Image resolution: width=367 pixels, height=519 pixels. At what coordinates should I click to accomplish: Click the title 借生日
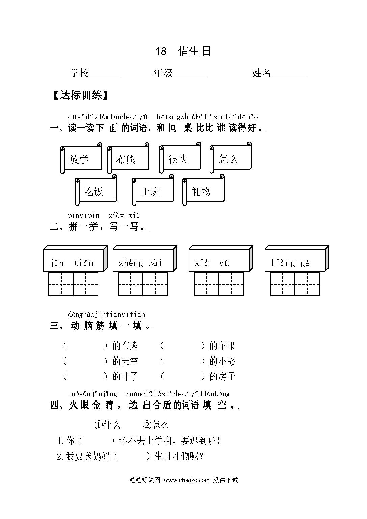pyautogui.click(x=194, y=51)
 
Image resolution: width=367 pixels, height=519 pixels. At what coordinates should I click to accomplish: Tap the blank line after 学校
pyautogui.click(x=104, y=78)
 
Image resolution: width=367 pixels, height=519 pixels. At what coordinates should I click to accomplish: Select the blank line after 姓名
pyautogui.click(x=289, y=78)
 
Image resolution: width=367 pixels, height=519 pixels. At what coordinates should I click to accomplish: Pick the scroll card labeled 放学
pyautogui.click(x=81, y=158)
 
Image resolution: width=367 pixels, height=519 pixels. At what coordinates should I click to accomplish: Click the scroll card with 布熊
pyautogui.click(x=128, y=158)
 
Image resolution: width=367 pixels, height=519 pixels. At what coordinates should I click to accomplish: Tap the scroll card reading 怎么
pyautogui.click(x=231, y=157)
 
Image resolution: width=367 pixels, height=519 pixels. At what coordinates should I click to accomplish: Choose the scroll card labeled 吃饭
pyautogui.click(x=96, y=190)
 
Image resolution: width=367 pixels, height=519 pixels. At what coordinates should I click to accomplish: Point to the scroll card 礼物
pyautogui.click(x=203, y=190)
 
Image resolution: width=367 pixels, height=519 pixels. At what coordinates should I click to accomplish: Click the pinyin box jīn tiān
pyautogui.click(x=76, y=258)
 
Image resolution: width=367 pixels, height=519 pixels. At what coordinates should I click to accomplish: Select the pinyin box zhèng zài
pyautogui.click(x=145, y=258)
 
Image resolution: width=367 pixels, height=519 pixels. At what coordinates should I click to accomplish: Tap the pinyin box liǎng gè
pyautogui.click(x=297, y=258)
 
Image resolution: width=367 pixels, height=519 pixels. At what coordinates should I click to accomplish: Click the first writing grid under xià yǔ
pyautogui.click(x=207, y=284)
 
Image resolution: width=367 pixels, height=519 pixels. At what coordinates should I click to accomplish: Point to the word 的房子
pyautogui.click(x=222, y=376)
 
